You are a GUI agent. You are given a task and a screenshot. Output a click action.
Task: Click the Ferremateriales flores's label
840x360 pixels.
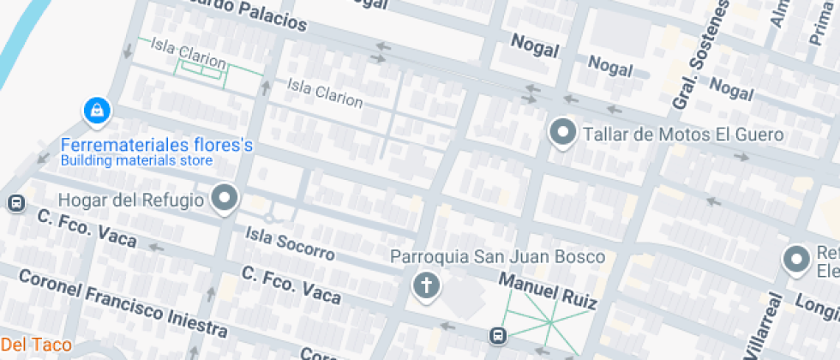[x=157, y=145]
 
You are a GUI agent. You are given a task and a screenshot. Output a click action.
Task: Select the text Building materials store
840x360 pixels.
[x=136, y=160]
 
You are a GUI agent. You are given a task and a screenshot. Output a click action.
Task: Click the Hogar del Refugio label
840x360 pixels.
[x=130, y=201]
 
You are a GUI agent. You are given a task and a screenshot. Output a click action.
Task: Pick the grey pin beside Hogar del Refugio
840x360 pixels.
[x=225, y=198]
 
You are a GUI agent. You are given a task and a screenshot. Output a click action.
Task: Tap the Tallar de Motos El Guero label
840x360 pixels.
[x=683, y=135]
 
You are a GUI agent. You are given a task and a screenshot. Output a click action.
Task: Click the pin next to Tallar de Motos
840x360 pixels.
[x=562, y=133]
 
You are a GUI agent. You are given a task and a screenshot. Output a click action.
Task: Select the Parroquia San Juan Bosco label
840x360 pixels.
[x=497, y=256]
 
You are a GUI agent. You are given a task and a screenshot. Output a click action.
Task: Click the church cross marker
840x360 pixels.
[x=425, y=285]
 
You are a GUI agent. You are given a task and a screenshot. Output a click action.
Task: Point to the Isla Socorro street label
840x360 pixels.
[x=289, y=243]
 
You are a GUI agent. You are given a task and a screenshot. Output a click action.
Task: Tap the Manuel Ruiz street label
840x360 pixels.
[x=547, y=291]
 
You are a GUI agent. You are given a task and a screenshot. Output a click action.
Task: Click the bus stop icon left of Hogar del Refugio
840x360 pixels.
[x=15, y=203]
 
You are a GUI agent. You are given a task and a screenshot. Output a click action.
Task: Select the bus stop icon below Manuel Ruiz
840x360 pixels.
[x=497, y=334]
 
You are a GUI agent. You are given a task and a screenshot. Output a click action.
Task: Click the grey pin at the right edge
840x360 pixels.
[x=797, y=258]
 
